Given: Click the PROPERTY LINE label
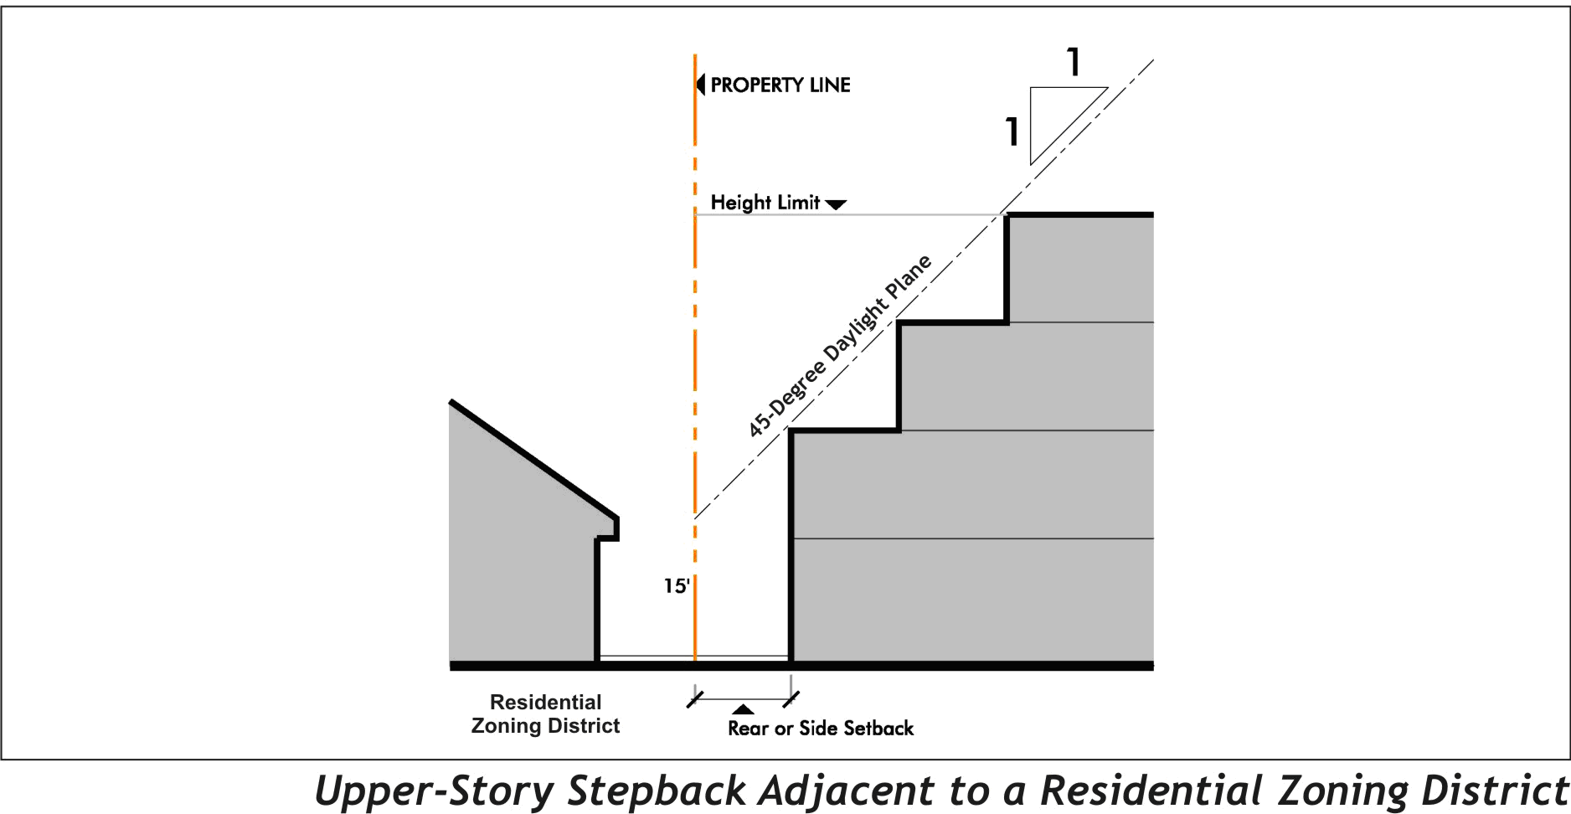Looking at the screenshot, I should point(780,85).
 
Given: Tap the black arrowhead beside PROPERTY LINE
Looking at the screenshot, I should point(701,85).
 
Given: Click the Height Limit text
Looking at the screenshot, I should point(765,203).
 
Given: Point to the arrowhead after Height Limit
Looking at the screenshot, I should point(836,204).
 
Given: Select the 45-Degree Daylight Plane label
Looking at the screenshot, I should point(839,346).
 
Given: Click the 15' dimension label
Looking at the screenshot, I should point(677,586).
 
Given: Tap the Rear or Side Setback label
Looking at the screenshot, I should point(820,729).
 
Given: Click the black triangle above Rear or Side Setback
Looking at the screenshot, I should point(743,709).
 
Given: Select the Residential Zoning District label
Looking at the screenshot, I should point(545,714).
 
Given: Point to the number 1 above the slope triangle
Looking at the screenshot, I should point(1074,62).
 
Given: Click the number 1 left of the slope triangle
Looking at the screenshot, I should point(1012,131).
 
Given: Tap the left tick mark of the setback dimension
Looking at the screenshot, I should point(694,698).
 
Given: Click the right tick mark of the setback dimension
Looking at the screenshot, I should point(791,698).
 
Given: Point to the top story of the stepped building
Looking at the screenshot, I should point(1080,269).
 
